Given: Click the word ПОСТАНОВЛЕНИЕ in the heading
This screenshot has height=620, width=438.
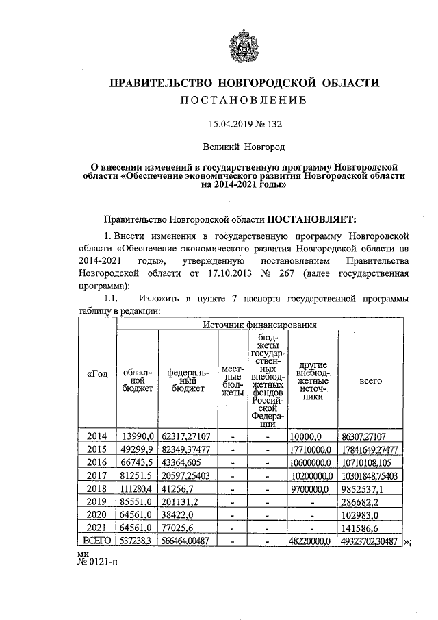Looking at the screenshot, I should [244, 101].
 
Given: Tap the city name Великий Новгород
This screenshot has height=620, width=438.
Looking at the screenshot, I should [244, 147].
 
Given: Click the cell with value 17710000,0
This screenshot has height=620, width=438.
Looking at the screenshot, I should [310, 449].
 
